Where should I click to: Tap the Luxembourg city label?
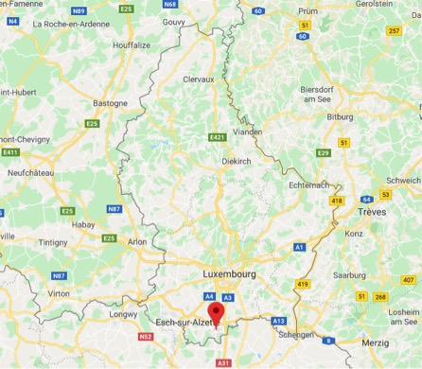(230, 274)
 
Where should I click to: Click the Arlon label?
(137, 242)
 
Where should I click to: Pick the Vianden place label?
(249, 132)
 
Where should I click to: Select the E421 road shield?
(217, 138)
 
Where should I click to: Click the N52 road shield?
(145, 336)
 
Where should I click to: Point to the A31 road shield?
(223, 363)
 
